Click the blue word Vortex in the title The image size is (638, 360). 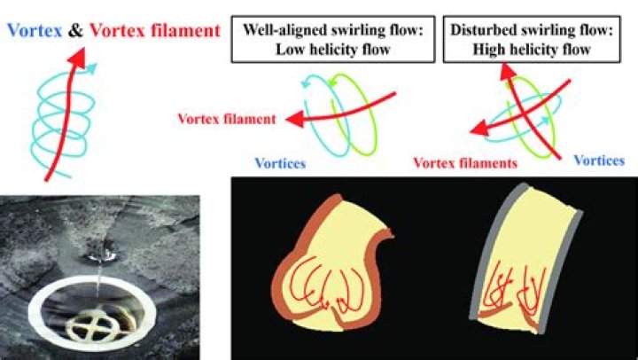click(35, 30)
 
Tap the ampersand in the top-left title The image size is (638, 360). click(75, 30)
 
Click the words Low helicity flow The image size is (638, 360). click(333, 50)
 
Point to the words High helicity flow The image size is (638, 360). click(532, 50)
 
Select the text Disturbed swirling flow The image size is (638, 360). click(532, 30)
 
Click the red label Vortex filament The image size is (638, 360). click(227, 119)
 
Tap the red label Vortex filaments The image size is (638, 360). click(465, 163)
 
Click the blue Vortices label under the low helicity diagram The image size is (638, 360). click(280, 163)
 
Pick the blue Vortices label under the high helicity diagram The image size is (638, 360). click(599, 160)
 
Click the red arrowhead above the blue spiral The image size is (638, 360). click(77, 57)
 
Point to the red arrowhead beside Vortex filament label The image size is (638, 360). click(294, 120)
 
